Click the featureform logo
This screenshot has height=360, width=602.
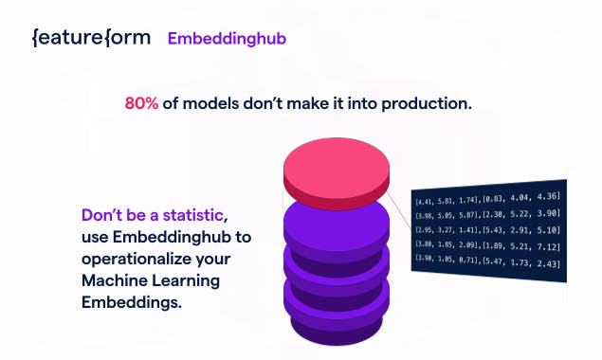tap(90, 39)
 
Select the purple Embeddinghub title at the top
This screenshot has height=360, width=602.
tap(227, 39)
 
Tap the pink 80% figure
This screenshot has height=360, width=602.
tap(141, 103)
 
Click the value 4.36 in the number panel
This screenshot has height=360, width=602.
tap(547, 196)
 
